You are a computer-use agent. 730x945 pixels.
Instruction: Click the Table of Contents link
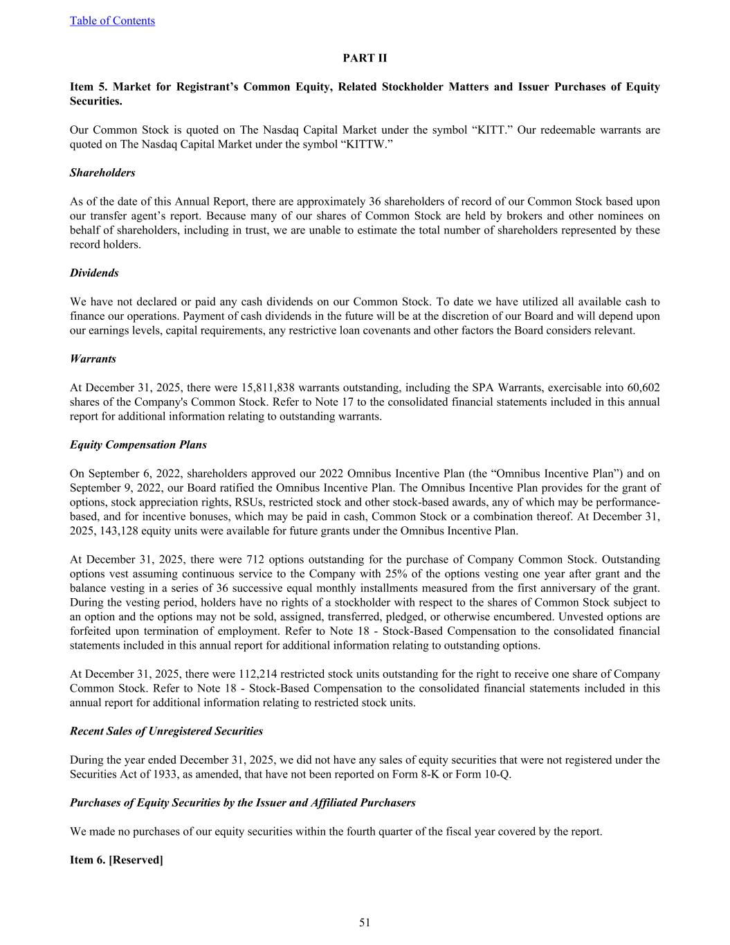click(x=112, y=21)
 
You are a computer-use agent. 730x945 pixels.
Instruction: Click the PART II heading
click(x=365, y=58)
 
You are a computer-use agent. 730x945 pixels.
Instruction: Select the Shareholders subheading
click(x=102, y=173)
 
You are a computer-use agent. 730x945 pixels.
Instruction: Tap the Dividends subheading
click(x=94, y=273)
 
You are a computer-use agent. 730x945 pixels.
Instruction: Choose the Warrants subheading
click(x=93, y=359)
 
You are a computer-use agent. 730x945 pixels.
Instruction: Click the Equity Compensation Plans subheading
click(x=138, y=444)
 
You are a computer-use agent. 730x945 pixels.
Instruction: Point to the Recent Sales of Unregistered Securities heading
click(x=166, y=731)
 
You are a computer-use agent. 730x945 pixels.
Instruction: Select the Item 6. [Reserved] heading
click(x=116, y=860)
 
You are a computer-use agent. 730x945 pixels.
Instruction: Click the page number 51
click(x=365, y=922)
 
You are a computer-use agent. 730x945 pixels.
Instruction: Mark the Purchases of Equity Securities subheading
click(x=242, y=803)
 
